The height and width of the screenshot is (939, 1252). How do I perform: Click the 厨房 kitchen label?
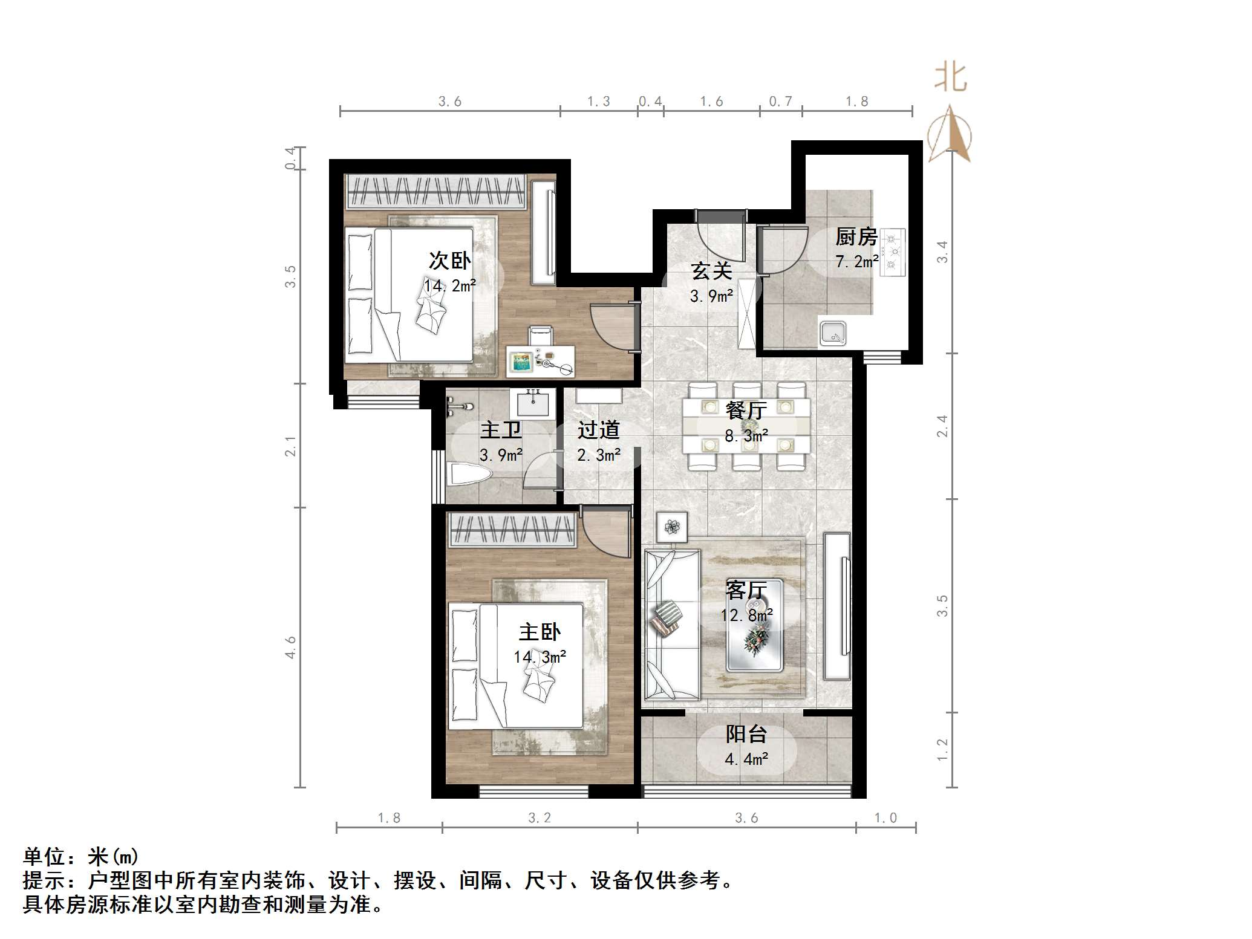pos(856,237)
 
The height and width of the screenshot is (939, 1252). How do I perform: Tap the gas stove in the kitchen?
pos(892,252)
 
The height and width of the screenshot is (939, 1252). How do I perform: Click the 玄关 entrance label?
pos(711,271)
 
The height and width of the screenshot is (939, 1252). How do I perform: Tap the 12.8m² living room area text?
pos(746,615)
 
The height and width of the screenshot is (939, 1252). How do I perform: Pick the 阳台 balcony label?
pos(746,735)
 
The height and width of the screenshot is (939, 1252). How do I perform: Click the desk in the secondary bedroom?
pos(540,360)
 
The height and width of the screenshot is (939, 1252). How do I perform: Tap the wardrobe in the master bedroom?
pos(512,530)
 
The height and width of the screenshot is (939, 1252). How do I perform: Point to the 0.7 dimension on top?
pos(780,102)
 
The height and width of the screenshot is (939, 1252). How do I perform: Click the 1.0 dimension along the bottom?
pos(885,818)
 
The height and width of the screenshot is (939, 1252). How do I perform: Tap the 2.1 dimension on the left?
pos(291,446)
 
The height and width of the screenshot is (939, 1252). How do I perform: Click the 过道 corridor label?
pos(598,431)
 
